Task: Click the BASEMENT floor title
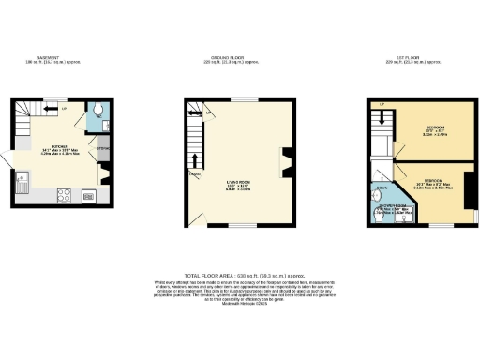coord(48,58)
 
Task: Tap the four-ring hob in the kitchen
coord(66,196)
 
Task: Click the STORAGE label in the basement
coord(104,149)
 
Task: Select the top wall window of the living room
coord(246,98)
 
